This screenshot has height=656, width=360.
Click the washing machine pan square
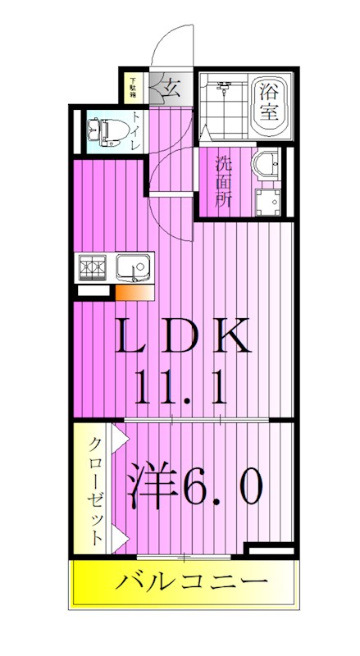point(267,201)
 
